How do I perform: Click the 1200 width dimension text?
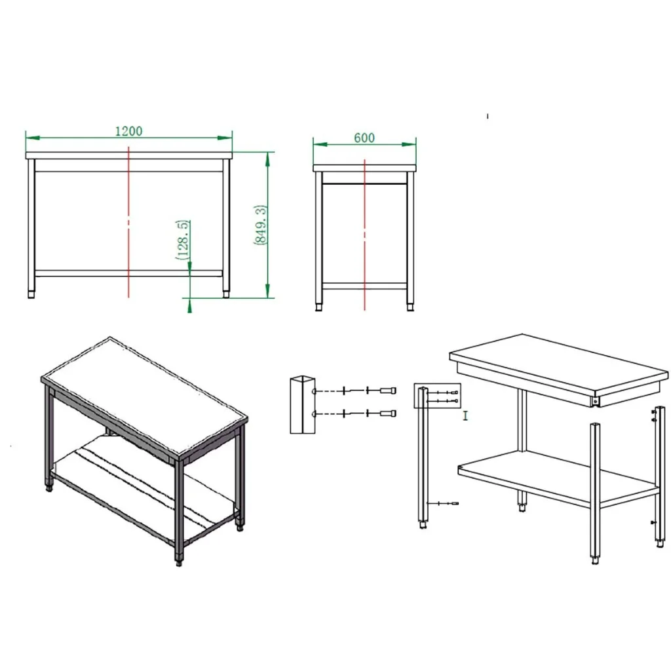(x=129, y=131)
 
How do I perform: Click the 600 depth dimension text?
(x=364, y=138)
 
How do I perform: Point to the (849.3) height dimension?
(x=261, y=225)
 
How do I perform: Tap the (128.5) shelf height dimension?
(x=183, y=240)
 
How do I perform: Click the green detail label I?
(x=466, y=415)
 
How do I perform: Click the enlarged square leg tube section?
(x=303, y=405)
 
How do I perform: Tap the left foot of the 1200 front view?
(x=31, y=294)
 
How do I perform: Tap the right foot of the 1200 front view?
(x=226, y=294)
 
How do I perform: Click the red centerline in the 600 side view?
(x=364, y=235)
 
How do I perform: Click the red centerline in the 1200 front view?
(x=128, y=221)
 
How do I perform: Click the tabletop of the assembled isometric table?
(x=145, y=396)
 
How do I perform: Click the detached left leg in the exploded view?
(x=423, y=458)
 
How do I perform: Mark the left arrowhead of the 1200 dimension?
(x=33, y=138)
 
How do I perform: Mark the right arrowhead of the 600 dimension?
(x=409, y=144)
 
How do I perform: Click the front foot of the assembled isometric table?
(x=179, y=561)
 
